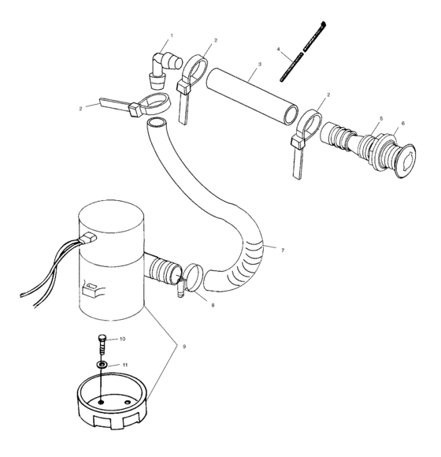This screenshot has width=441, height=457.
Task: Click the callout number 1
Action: tap(171, 36)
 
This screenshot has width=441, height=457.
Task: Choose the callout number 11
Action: tap(124, 366)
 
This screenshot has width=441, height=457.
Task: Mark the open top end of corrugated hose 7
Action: tap(157, 124)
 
